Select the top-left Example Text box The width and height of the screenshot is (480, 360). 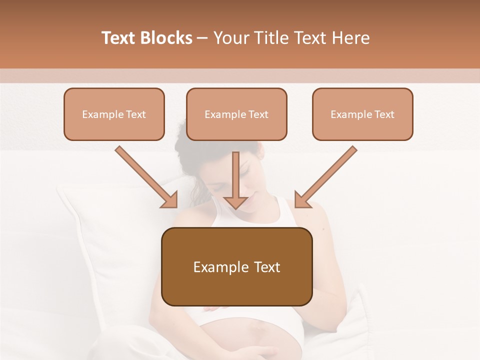pyautogui.click(x=114, y=114)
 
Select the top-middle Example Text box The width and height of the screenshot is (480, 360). pyautogui.click(x=236, y=114)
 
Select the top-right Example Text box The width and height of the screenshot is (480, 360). pyautogui.click(x=362, y=114)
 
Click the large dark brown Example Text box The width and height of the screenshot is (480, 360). pyautogui.click(x=236, y=266)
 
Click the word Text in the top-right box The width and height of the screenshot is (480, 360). pyautogui.click(x=384, y=114)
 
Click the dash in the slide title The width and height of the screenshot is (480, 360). pyautogui.click(x=202, y=38)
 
